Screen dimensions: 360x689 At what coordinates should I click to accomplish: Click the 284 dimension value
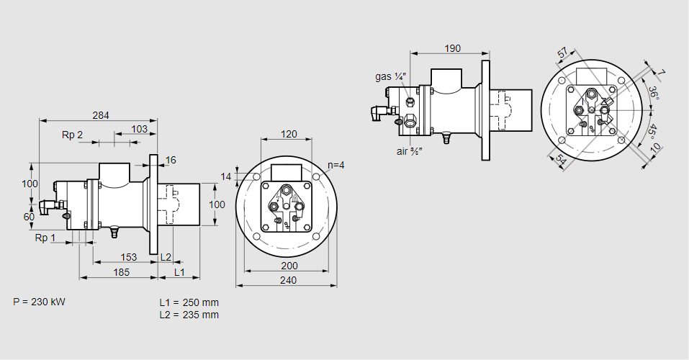pos(101,114)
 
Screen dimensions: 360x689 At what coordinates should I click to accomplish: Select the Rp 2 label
pos(72,135)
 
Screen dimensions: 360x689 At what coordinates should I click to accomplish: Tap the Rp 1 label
pos(45,238)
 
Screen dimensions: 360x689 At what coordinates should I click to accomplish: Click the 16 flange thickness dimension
pos(171,160)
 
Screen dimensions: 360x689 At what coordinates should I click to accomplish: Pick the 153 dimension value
pos(128,257)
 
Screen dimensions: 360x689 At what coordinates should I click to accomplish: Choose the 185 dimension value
pos(122,271)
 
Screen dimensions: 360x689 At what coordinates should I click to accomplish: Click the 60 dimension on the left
pos(29,217)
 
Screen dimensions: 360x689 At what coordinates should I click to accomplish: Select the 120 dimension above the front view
pos(289,135)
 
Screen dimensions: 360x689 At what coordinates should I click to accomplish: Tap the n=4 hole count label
pos(336,165)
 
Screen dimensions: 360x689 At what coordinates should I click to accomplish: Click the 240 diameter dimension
pos(287,280)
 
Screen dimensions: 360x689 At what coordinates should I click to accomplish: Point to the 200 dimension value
pos(289,266)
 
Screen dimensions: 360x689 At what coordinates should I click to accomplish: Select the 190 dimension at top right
pos(452,49)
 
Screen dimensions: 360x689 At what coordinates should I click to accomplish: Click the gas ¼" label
pos(391,76)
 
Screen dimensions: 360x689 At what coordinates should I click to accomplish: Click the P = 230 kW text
pos(39,302)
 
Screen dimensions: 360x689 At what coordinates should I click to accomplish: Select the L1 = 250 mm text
pos(189,302)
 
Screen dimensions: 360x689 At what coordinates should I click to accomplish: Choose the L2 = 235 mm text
pos(189,315)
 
